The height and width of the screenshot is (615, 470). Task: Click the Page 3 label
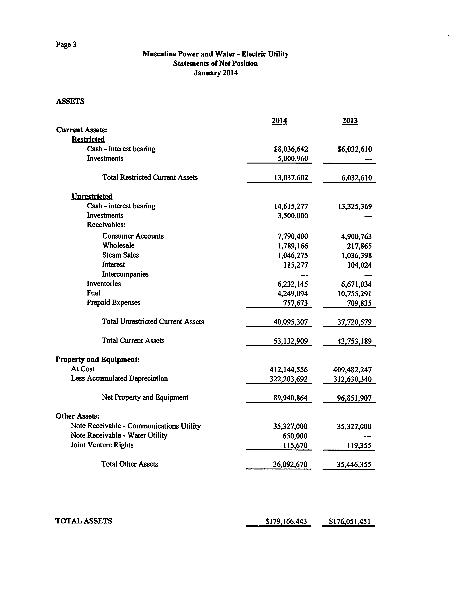(x=66, y=45)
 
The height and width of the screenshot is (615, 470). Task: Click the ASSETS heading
(x=70, y=101)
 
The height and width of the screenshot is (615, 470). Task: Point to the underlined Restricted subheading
(x=88, y=139)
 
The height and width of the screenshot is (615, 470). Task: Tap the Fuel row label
(x=93, y=293)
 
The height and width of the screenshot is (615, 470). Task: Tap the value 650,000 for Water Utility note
(x=295, y=436)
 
